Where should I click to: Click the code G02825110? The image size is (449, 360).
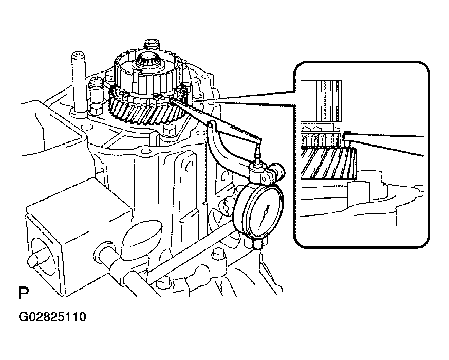coord(52,317)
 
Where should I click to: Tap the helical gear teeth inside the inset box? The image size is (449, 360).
coord(329,163)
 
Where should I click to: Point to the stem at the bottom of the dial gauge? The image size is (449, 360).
coord(257,244)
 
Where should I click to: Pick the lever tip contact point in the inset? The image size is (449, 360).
coord(347,135)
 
